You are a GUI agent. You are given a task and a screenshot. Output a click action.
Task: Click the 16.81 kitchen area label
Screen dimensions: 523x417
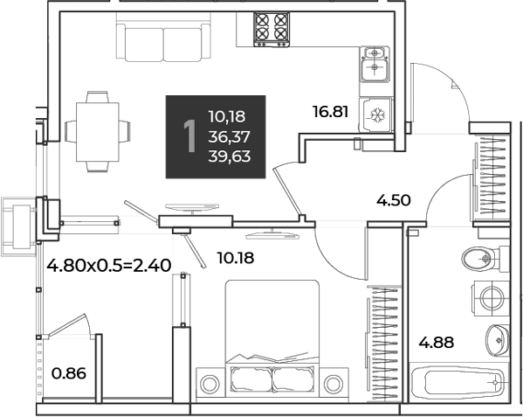click(331, 112)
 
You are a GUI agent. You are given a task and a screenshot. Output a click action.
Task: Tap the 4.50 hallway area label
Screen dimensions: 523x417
click(393, 201)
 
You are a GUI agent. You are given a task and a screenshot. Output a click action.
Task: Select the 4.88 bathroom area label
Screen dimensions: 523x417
click(437, 343)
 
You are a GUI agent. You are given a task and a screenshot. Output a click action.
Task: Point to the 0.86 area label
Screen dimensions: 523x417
click(69, 373)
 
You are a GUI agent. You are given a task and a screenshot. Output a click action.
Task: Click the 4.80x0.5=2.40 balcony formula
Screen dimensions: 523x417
click(109, 266)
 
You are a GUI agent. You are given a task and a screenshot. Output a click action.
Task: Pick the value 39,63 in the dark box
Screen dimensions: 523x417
click(230, 156)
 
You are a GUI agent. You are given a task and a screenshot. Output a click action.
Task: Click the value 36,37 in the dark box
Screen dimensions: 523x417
click(230, 136)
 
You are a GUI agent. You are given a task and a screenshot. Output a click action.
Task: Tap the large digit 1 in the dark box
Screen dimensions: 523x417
click(189, 136)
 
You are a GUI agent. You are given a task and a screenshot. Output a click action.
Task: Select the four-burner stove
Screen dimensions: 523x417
click(272, 30)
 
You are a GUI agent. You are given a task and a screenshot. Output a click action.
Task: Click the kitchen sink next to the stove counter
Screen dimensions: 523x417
click(375, 64)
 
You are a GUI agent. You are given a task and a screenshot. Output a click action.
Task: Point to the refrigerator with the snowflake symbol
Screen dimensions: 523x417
click(376, 115)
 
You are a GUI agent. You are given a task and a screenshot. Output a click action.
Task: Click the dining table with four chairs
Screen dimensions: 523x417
click(98, 131)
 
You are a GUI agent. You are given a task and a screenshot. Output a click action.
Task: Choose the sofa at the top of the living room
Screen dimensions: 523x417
click(163, 38)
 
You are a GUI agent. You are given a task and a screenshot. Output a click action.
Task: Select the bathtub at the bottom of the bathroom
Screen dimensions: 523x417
click(458, 382)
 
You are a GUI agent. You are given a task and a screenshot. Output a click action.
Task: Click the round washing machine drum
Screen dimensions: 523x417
click(492, 298)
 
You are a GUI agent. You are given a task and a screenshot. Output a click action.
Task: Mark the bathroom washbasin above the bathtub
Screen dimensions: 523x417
click(498, 340)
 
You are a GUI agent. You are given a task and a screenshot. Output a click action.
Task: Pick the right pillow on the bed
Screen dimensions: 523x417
click(292, 379)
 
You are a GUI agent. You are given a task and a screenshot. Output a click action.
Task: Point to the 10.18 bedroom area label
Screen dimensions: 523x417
click(236, 258)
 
